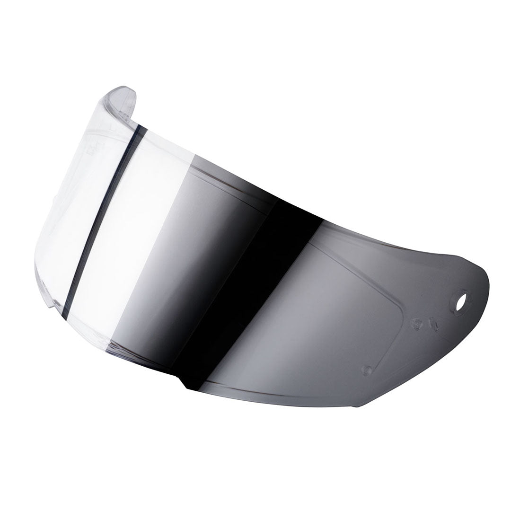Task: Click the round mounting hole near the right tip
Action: [x=459, y=301]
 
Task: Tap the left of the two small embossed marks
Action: [x=417, y=324]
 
